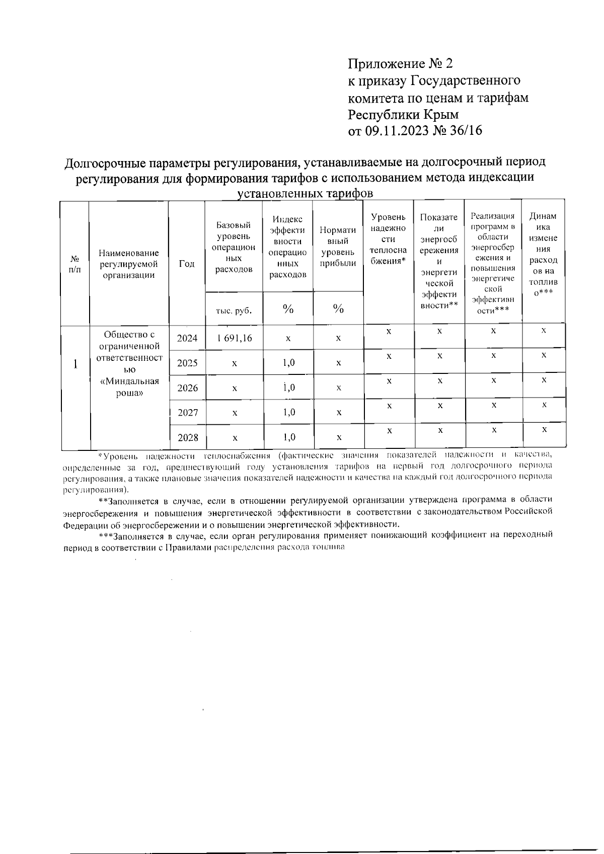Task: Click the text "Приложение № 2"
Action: click(401, 64)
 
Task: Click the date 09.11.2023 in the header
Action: click(397, 131)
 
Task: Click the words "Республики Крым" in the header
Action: click(403, 114)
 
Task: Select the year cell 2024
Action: click(187, 338)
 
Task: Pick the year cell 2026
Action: click(187, 388)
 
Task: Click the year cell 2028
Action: click(187, 437)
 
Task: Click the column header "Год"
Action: click(187, 264)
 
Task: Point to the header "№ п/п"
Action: click(75, 264)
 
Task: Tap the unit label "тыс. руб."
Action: click(234, 310)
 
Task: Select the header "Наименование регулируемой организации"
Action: click(129, 264)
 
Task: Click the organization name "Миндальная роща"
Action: click(129, 387)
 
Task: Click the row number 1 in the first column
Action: click(75, 364)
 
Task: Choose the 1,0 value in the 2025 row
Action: click(288, 362)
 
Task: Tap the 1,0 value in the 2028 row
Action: click(288, 437)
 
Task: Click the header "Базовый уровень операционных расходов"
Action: click(234, 247)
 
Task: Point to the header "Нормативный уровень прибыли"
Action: click(338, 247)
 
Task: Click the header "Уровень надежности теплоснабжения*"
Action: click(388, 239)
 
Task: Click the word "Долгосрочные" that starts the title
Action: click(105, 163)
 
